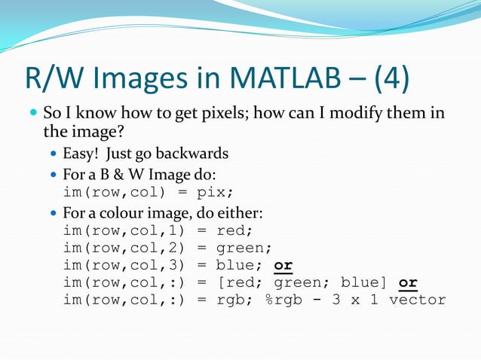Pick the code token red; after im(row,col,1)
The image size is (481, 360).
[x=234, y=230]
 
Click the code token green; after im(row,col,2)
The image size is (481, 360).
[x=244, y=247]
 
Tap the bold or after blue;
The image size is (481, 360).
[x=283, y=265]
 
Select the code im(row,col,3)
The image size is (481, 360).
[x=125, y=265]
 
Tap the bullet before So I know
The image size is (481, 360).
[x=32, y=114]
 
